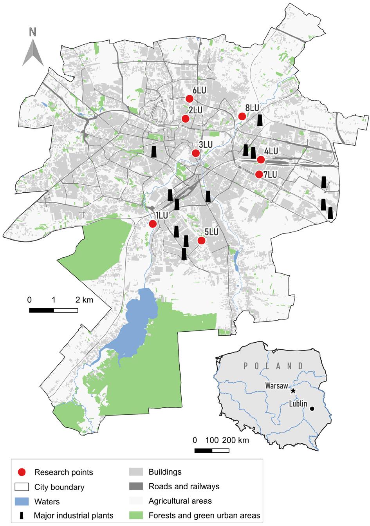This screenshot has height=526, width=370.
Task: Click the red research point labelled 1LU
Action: tap(153, 224)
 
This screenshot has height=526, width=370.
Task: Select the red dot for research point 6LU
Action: tap(190, 98)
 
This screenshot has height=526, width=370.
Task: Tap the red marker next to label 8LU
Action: tap(242, 116)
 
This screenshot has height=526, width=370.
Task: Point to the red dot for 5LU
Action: tap(201, 240)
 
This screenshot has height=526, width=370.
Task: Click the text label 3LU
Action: tap(206, 145)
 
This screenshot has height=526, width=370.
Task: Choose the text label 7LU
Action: tap(270, 175)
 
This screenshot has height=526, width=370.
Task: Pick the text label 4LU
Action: tap(271, 151)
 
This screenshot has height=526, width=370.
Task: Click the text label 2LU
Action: tap(195, 110)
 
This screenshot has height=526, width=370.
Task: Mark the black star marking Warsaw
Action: tap(293, 391)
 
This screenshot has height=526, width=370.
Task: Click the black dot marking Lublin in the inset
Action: tap(312, 409)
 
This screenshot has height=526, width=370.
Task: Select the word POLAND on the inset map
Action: tap(273, 366)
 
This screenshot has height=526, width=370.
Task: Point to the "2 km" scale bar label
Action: tap(84, 300)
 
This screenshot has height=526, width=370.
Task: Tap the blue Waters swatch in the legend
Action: tap(23, 501)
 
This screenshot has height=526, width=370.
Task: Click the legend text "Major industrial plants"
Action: tap(74, 515)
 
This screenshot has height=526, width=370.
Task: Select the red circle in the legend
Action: tap(23, 472)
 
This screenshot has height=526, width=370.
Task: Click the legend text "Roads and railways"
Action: tap(184, 486)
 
